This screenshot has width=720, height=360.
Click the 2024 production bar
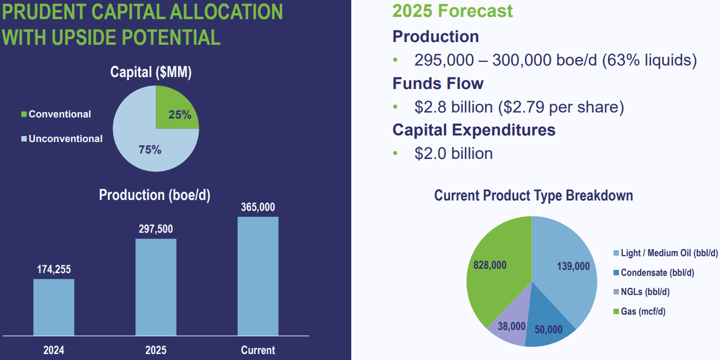54,307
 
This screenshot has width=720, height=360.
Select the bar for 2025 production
156,287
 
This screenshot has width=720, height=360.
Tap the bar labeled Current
258,276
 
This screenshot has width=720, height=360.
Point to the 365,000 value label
258,207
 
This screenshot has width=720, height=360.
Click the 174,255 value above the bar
54,269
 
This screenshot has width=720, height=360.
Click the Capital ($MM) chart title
151,73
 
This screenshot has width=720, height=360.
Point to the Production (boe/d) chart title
155,195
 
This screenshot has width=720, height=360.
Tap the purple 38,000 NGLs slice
508,328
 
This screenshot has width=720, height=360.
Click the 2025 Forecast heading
453,11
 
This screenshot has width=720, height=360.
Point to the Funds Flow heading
438,84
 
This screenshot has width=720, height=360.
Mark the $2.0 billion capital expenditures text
453,154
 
